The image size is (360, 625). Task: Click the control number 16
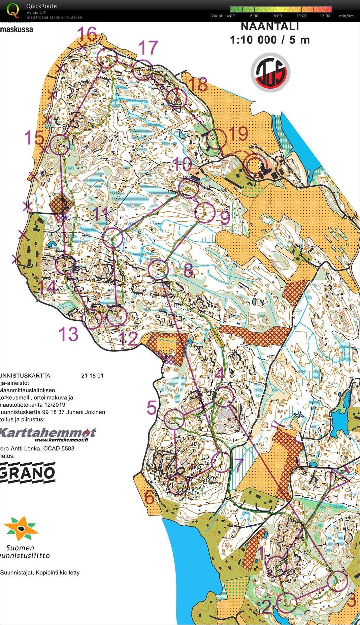pyautogui.click(x=87, y=34)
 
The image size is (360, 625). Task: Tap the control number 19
pyautogui.click(x=238, y=134)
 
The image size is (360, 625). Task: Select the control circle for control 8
pyautogui.click(x=158, y=269)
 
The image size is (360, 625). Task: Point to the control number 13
pyautogui.click(x=68, y=334)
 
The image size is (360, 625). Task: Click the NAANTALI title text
pyautogui.click(x=270, y=26)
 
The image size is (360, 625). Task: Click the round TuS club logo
pyautogui.click(x=270, y=72)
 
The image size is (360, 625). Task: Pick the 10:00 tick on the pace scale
pyautogui.click(x=301, y=16)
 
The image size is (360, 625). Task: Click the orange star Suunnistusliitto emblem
pyautogui.click(x=21, y=528)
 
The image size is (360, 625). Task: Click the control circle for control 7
pyautogui.click(x=221, y=462)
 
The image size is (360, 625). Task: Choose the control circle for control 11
pyautogui.click(x=113, y=238)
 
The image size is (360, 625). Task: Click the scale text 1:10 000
pyautogui.click(x=253, y=40)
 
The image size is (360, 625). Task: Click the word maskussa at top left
pyautogui.click(x=17, y=29)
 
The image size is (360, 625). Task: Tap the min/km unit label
pyautogui.click(x=346, y=16)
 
